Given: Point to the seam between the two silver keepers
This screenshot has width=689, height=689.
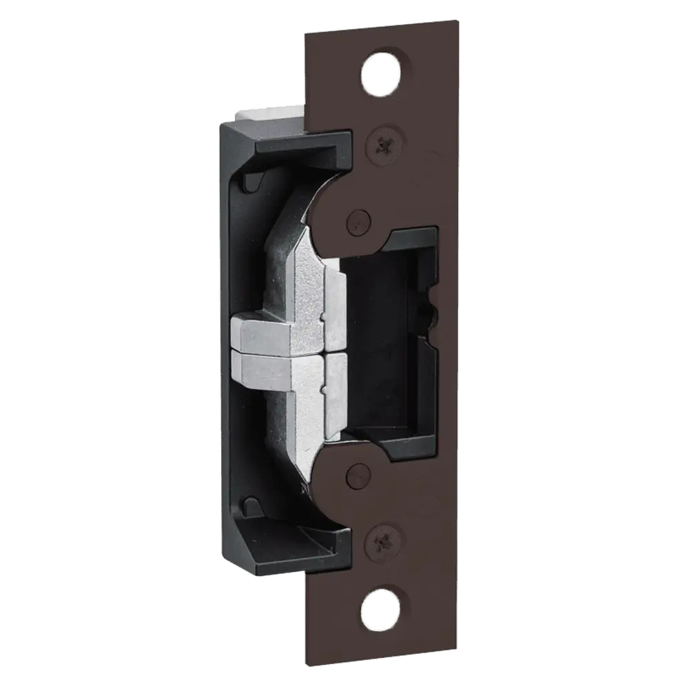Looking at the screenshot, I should [289, 351].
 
